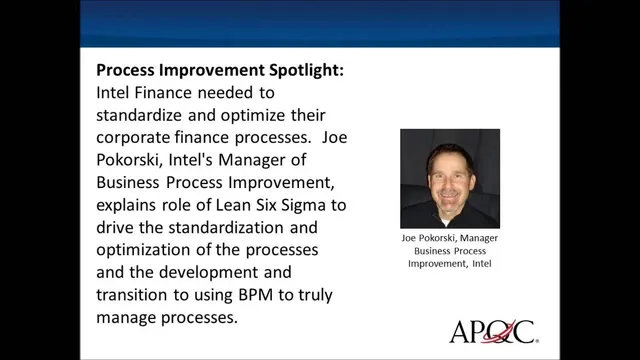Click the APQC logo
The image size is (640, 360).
[492, 330]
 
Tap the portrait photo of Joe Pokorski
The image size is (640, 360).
[450, 179]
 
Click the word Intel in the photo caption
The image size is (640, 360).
[481, 265]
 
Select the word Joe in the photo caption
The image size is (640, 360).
[402, 239]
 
